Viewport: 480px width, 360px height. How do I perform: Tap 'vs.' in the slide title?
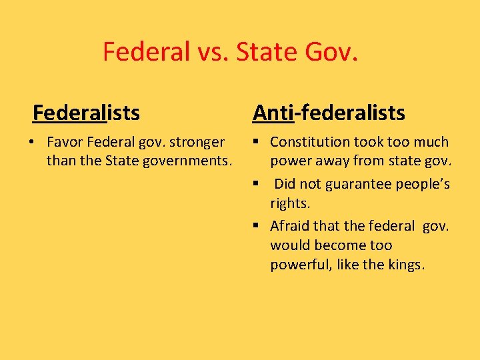coord(213,51)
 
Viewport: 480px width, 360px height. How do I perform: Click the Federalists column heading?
coord(87,113)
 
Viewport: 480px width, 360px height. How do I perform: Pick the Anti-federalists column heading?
coord(329,113)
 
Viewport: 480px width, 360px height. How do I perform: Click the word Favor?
coord(65,142)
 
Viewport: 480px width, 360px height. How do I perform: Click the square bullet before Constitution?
coord(256,142)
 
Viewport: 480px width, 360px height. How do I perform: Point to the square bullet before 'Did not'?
coord(256,184)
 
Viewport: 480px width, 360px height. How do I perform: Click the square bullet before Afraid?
coord(256,226)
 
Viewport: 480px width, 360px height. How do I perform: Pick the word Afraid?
coord(289,226)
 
